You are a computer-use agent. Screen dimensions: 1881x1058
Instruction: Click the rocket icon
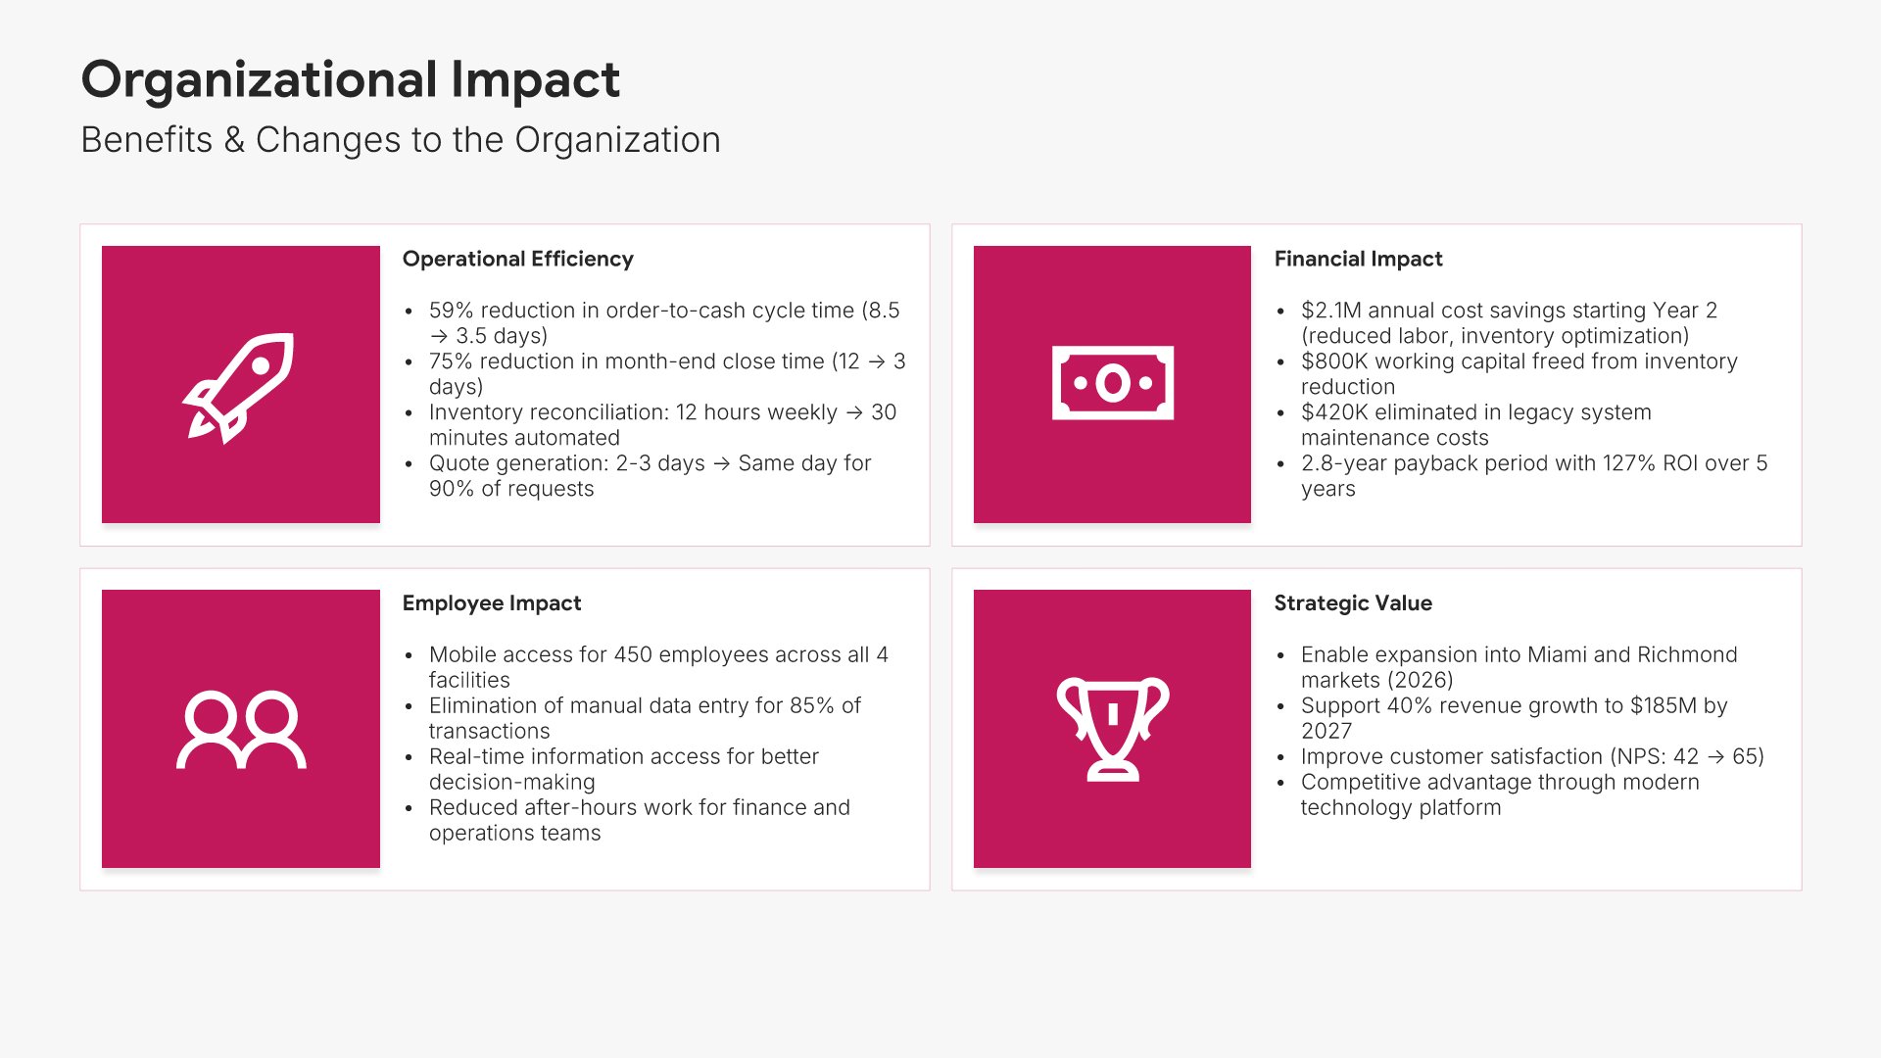point(239,386)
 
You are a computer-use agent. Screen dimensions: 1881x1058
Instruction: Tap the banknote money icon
point(1113,383)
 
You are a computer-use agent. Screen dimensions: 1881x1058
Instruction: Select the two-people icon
point(241,730)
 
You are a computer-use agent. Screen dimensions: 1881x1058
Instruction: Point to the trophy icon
point(1113,729)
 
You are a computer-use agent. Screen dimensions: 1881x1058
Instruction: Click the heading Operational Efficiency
point(517,259)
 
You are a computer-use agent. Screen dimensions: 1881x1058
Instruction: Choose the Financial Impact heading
point(1358,259)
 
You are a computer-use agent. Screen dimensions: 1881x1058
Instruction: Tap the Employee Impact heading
point(492,603)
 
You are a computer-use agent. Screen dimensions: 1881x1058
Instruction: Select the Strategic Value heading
point(1353,603)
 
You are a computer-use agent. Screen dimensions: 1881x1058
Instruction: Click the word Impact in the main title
point(535,80)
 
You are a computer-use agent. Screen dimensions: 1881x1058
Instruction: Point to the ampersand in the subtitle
point(234,140)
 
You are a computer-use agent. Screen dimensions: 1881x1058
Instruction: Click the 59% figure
point(451,311)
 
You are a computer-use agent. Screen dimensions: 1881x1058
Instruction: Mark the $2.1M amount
point(1331,311)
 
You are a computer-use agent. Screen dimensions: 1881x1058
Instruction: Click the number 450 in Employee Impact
point(632,654)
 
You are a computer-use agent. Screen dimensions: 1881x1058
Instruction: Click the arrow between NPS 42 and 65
point(1715,757)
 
